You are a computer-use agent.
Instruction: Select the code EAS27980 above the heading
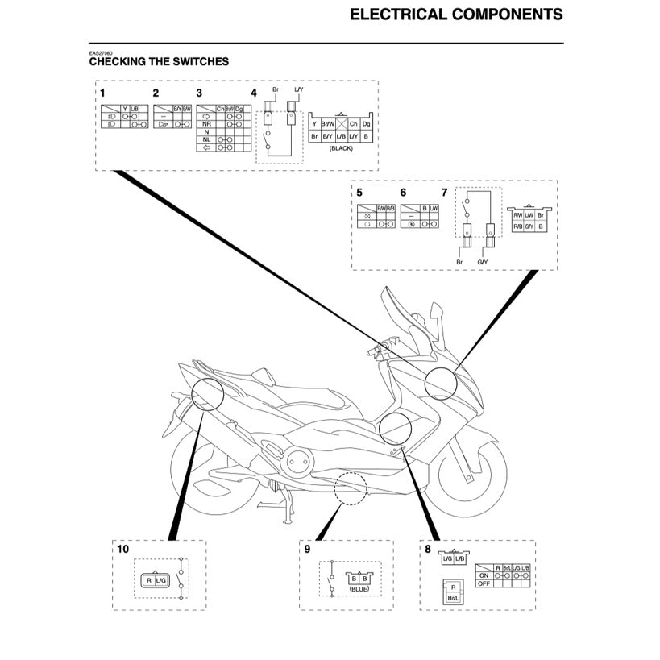[x=102, y=53]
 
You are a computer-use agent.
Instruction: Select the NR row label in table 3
[x=207, y=124]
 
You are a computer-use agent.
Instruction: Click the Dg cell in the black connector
[x=367, y=124]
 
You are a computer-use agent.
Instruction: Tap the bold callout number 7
[x=444, y=193]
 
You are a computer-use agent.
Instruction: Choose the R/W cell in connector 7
[x=517, y=215]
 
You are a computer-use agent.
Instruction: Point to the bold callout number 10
[x=122, y=549]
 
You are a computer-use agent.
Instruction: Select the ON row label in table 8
[x=484, y=575]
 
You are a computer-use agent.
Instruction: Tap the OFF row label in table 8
[x=484, y=583]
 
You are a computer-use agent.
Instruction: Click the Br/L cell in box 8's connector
[x=454, y=597]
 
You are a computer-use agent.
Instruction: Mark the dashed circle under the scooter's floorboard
[x=351, y=488]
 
